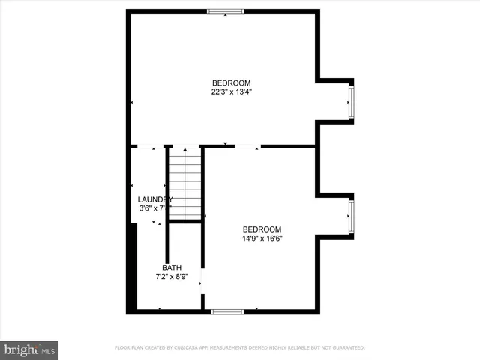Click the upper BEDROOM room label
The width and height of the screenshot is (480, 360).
(x=231, y=82)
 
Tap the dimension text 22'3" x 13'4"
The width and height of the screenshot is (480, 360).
(x=231, y=92)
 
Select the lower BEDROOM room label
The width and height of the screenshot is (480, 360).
(x=262, y=229)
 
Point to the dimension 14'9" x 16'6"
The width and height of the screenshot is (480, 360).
(x=262, y=239)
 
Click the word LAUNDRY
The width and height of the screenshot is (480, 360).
(x=155, y=199)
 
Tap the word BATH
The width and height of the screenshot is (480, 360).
(x=172, y=268)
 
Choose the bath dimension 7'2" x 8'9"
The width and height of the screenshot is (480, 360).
(x=172, y=277)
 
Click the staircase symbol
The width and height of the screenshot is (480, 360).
(x=184, y=184)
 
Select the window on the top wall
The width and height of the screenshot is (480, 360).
(x=226, y=11)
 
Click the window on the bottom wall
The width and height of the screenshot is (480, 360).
(x=226, y=310)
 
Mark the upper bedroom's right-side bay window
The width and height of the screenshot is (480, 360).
(x=350, y=101)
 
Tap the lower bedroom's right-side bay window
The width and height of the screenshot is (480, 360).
(x=350, y=216)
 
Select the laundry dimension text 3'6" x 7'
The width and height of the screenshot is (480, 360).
(x=153, y=209)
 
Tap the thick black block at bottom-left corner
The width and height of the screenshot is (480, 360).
(x=133, y=270)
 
